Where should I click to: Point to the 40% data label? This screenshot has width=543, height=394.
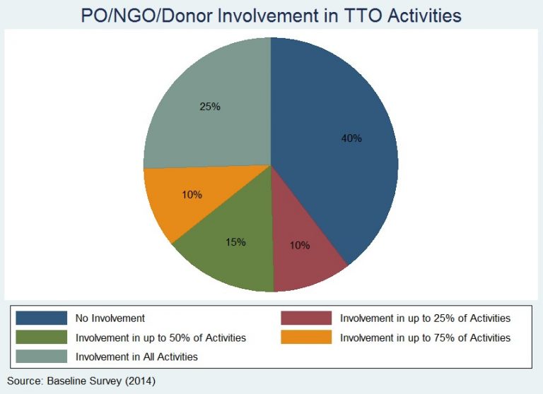[351, 138]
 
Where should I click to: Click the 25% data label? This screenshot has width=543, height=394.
[210, 107]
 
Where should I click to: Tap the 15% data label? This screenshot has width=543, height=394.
[236, 241]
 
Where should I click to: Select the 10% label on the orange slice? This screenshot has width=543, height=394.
[192, 195]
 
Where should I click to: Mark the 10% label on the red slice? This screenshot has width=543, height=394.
[300, 245]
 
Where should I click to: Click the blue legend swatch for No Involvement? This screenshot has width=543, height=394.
[42, 318]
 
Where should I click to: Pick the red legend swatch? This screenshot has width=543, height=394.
[306, 318]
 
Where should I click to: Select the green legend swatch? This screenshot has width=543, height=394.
[42, 338]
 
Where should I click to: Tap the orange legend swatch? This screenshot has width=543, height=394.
[306, 338]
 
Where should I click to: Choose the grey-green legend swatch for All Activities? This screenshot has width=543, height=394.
[42, 357]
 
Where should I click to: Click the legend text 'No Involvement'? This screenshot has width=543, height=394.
[110, 318]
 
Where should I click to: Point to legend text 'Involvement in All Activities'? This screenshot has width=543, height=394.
[136, 357]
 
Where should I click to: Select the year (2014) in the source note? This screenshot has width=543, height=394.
[140, 381]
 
